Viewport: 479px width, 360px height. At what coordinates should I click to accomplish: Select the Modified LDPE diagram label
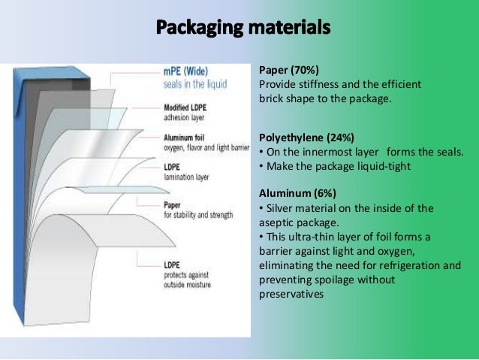coord(186,107)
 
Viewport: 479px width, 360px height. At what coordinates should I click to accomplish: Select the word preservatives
coord(291,294)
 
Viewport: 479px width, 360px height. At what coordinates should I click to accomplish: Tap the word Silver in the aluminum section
coord(279,207)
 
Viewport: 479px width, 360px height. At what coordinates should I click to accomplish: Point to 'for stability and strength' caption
coord(197,215)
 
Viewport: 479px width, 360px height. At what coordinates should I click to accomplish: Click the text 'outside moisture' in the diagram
coord(187,285)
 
